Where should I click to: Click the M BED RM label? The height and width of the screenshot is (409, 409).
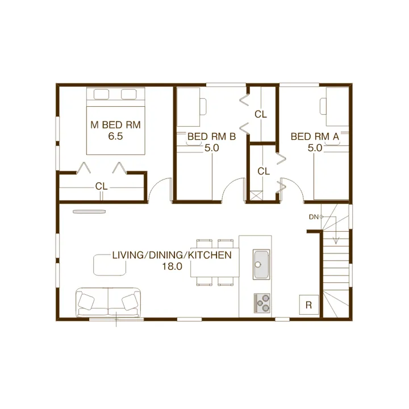tap(115, 125)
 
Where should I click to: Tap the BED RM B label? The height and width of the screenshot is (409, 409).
tap(211, 136)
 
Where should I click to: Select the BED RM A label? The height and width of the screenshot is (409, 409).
tap(315, 136)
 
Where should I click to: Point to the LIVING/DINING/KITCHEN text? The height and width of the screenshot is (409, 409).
tap(172, 255)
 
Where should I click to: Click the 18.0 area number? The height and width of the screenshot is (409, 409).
tap(172, 266)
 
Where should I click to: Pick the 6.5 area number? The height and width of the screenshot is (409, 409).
tap(115, 136)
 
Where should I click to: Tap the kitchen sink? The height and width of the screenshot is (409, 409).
tap(261, 265)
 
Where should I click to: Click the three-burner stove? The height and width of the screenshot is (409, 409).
tap(262, 303)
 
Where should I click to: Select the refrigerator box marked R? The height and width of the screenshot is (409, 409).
tap(309, 304)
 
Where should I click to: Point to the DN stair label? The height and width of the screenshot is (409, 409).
tap(314, 217)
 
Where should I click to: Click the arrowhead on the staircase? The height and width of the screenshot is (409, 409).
tap(336, 241)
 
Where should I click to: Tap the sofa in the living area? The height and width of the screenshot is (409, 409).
tap(108, 303)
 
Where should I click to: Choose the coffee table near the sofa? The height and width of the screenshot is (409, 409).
tap(110, 265)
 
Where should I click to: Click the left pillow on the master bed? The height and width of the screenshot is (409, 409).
tap(102, 94)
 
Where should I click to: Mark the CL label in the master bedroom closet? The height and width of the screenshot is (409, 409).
tap(102, 186)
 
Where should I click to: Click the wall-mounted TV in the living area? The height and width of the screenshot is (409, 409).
tap(89, 211)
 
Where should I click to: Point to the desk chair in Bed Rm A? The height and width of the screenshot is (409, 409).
tap(323, 106)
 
